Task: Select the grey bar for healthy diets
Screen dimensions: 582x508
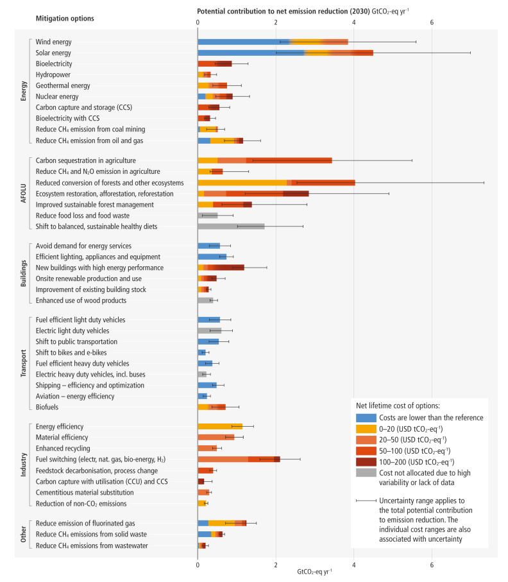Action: [x=231, y=227]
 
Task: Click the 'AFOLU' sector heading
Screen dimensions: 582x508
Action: [x=24, y=193]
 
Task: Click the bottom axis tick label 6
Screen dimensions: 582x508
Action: [x=432, y=565]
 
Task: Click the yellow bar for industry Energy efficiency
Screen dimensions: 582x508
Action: [x=219, y=426]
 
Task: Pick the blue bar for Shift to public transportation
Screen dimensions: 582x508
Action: [x=208, y=341]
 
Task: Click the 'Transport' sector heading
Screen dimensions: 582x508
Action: [x=24, y=363]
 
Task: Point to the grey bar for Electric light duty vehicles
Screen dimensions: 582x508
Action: [x=209, y=330]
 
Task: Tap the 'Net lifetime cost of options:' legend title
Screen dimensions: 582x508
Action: [x=398, y=405]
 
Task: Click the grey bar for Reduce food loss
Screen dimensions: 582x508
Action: [x=208, y=216]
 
